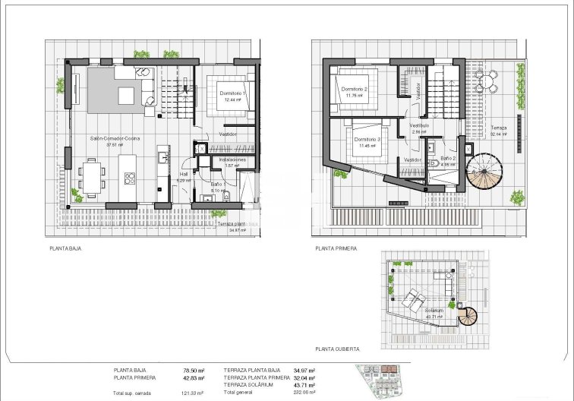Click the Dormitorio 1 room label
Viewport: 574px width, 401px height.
click(x=230, y=93)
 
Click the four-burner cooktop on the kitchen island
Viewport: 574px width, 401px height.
click(x=129, y=180)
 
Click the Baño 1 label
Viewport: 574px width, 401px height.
click(x=216, y=184)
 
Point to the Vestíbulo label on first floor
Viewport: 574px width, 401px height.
click(x=419, y=125)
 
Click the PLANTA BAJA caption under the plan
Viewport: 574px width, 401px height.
click(x=65, y=248)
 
